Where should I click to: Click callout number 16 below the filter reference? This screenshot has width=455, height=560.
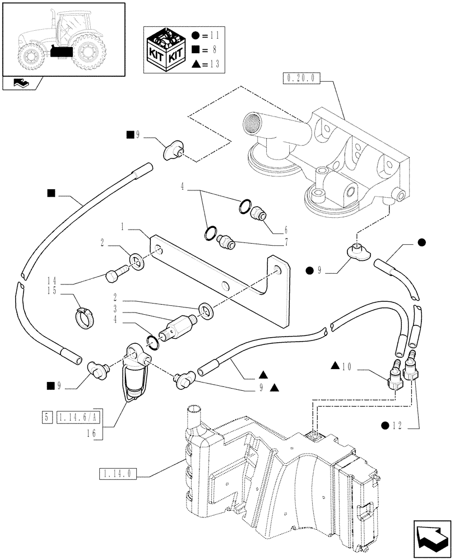[91, 432]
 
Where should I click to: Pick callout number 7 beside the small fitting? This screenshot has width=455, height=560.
[287, 243]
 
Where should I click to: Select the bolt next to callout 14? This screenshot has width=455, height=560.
[114, 275]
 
